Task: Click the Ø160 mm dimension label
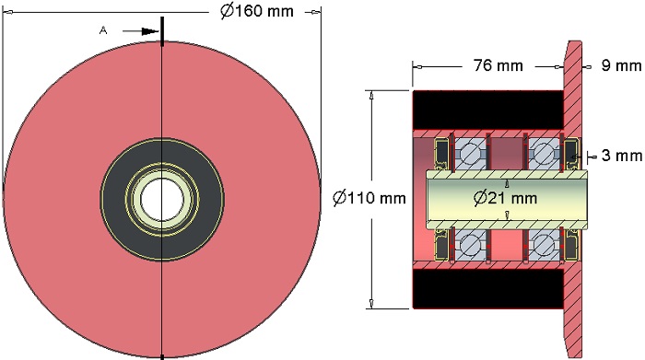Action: click(257, 11)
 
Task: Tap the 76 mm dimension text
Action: click(498, 65)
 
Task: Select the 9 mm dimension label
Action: click(621, 65)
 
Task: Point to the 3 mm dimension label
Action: click(621, 156)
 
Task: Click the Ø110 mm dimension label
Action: click(369, 198)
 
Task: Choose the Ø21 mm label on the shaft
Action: click(505, 198)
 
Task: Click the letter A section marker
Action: click(103, 30)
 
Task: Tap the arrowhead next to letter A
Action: click(150, 31)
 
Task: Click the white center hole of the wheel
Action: click(161, 200)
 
